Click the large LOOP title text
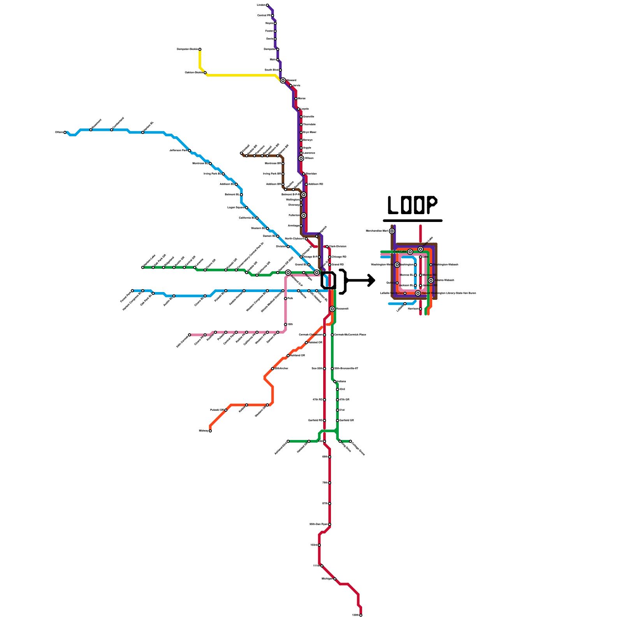pyautogui.click(x=412, y=205)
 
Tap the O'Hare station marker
pyautogui.click(x=65, y=132)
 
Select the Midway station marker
pyautogui.click(x=210, y=431)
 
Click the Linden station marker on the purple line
pyautogui.click(x=267, y=5)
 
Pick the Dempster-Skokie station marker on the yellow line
pyautogui.click(x=200, y=49)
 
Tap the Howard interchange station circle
pyautogui.click(x=283, y=81)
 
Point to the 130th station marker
pyautogui.click(x=361, y=615)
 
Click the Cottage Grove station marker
pyautogui.click(x=350, y=441)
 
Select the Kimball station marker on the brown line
pyautogui.click(x=241, y=153)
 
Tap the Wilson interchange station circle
pyautogui.click(x=301, y=158)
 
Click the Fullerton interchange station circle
pyautogui.click(x=304, y=215)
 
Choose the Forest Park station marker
pyautogui.click(x=132, y=290)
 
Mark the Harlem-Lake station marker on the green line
pyautogui.click(x=143, y=268)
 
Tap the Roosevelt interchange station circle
pyautogui.click(x=332, y=309)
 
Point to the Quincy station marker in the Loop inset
pyautogui.click(x=397, y=283)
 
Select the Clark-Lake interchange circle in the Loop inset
pyautogui.click(x=410, y=252)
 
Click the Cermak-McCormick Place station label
pyautogui.click(x=350, y=335)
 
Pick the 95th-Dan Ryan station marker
pyautogui.click(x=329, y=524)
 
